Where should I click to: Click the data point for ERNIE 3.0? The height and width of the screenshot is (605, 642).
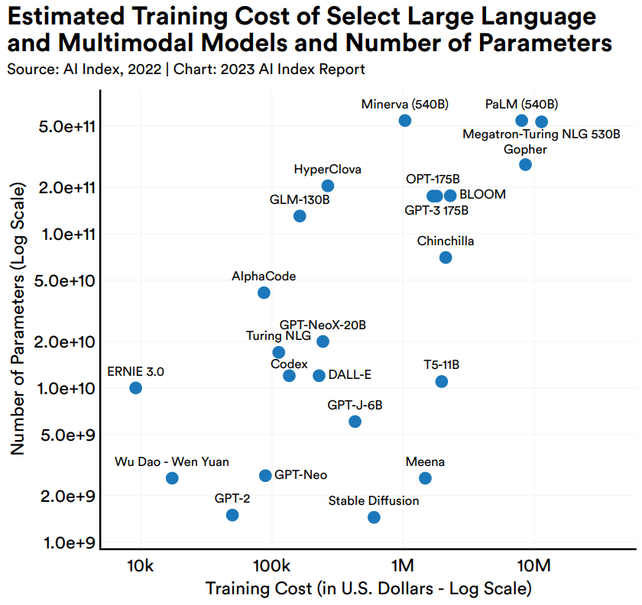(x=135, y=388)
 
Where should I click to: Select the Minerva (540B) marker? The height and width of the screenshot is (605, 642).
(x=405, y=121)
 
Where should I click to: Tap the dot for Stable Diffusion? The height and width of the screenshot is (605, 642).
(x=374, y=517)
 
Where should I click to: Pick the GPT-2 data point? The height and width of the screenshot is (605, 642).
(x=232, y=515)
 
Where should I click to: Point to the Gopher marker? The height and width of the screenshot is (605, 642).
(x=525, y=165)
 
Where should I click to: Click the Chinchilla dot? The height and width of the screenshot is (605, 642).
(x=446, y=257)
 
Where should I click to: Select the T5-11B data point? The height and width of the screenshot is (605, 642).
(x=441, y=381)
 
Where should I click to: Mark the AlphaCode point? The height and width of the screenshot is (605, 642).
(x=264, y=293)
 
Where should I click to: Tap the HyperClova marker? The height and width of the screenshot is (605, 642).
(x=328, y=186)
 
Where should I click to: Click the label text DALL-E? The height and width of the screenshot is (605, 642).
(x=349, y=375)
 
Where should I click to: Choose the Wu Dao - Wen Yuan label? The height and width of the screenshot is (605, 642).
(x=172, y=461)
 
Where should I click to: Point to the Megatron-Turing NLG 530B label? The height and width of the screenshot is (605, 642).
(x=541, y=134)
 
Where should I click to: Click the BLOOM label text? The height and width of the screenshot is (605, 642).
(x=482, y=195)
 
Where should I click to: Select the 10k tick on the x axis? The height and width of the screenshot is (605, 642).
(x=141, y=567)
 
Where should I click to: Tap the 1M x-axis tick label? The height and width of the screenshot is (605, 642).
(x=403, y=567)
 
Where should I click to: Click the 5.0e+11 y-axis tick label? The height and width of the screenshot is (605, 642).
(x=66, y=125)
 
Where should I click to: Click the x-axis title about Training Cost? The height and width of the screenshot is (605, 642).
(x=368, y=589)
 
